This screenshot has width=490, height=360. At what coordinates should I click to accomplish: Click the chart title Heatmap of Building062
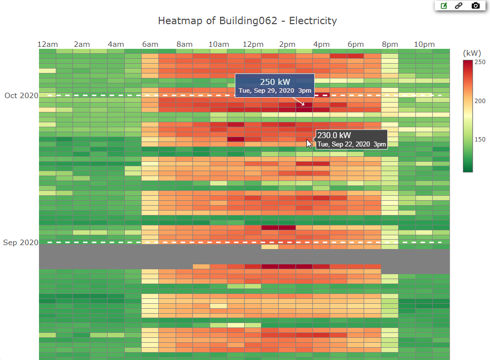click(247, 21)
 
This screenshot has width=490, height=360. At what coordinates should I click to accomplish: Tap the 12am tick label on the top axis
click(47, 44)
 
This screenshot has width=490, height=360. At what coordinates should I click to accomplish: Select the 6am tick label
click(150, 44)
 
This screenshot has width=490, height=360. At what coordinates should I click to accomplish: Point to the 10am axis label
click(219, 44)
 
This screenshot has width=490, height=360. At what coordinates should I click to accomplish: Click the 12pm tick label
click(253, 44)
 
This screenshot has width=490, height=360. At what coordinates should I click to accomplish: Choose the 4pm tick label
click(321, 44)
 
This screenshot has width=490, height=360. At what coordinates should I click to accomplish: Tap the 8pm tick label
click(389, 44)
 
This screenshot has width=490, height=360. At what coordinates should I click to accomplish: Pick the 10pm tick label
click(424, 44)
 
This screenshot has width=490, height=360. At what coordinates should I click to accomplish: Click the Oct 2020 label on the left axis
click(21, 96)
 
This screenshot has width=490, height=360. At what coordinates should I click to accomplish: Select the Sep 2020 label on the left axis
click(21, 243)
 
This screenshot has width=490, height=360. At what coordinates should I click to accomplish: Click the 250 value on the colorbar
click(480, 62)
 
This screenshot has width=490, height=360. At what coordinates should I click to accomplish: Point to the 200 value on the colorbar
click(480, 101)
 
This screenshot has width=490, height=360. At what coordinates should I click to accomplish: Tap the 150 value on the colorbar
click(480, 140)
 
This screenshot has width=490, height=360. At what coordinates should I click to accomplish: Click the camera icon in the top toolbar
click(475, 6)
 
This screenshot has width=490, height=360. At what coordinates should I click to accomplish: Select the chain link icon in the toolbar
click(459, 6)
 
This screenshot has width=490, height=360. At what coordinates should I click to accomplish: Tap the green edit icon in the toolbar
click(444, 6)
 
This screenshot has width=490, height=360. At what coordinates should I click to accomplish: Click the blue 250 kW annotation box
click(274, 86)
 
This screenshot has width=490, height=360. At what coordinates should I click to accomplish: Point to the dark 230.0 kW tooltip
click(351, 139)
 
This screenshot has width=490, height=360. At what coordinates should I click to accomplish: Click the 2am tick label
click(82, 44)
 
